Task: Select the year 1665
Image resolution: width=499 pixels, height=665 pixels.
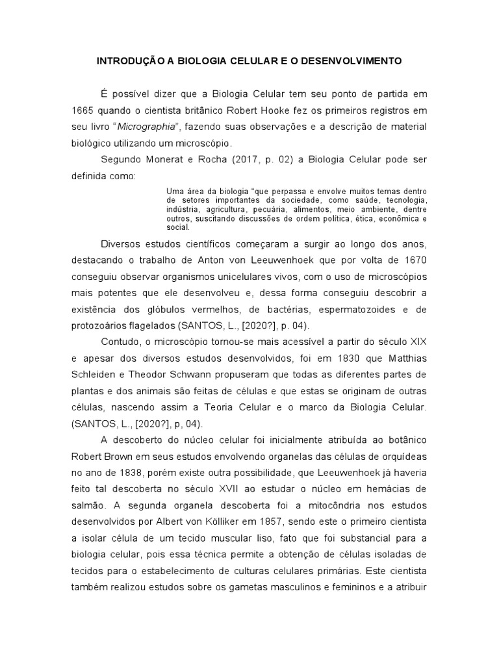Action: click(84, 110)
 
